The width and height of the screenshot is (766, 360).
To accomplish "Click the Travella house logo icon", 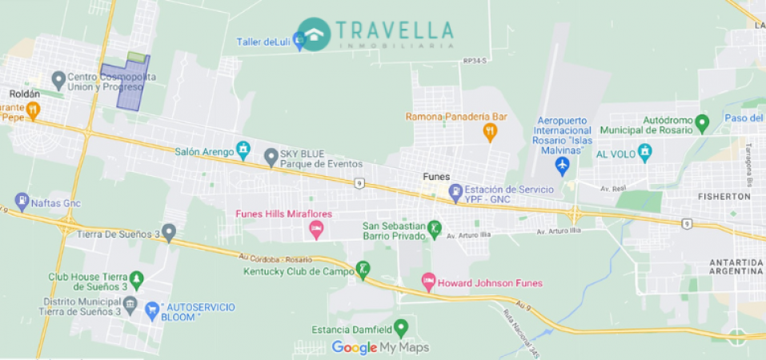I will (314, 33).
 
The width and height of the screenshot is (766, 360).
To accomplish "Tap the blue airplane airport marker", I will (562, 166).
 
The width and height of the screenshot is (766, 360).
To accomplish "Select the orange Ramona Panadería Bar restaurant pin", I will (490, 132).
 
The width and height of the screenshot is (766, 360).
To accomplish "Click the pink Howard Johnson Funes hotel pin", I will (428, 282).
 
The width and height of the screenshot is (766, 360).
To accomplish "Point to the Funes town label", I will (436, 176).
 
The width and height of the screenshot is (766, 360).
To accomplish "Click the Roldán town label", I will (24, 94).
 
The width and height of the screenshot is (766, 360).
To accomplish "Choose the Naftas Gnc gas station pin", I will (22, 202).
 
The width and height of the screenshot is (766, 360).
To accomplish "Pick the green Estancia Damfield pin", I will (400, 328).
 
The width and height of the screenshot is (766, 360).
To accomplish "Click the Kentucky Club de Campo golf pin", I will (363, 270).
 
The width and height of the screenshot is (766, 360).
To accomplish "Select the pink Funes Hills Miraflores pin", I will (316, 230).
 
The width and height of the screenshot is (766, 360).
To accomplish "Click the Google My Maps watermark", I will (380, 347).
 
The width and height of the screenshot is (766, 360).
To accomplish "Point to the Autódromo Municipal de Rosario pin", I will (702, 123).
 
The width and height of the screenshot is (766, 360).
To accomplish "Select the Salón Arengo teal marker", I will (243, 150).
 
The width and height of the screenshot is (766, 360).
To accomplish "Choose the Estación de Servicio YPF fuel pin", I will (455, 191).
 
